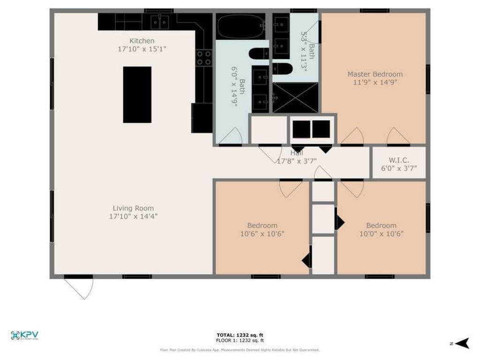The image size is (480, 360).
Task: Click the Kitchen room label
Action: (142, 41)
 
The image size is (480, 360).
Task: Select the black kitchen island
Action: (137, 95)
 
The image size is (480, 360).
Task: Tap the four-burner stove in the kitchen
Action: (204, 58)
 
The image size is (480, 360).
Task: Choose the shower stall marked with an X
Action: (295, 97)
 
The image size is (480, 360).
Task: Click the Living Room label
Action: (133, 208)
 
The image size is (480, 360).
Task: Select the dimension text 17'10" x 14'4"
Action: (133, 217)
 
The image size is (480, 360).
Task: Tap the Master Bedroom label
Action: (375, 74)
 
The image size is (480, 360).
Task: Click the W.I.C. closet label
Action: (398, 159)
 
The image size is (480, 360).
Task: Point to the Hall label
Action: (296, 153)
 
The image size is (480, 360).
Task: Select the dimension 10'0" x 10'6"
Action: (381, 233)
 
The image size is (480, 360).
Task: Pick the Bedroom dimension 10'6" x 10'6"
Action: (262, 233)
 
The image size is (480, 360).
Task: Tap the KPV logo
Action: (24, 335)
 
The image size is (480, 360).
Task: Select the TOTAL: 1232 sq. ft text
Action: (240, 335)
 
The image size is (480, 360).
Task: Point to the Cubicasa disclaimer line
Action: (240, 350)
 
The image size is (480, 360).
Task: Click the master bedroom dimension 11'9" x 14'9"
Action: (375, 82)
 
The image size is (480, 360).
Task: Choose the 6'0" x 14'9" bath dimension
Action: (234, 86)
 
